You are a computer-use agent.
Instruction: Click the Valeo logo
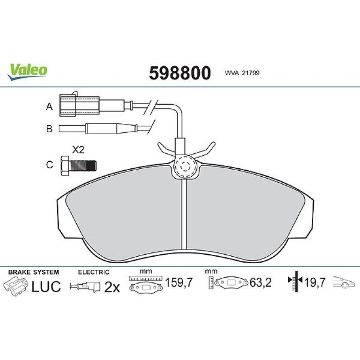27,72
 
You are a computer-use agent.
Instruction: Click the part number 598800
180,73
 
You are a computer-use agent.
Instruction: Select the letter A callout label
50,107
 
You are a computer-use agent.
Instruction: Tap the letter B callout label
50,129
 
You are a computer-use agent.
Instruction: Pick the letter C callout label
50,165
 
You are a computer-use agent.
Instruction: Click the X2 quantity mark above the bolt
78,150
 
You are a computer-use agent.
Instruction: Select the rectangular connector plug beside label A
79,105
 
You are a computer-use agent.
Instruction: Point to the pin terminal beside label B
98,129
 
